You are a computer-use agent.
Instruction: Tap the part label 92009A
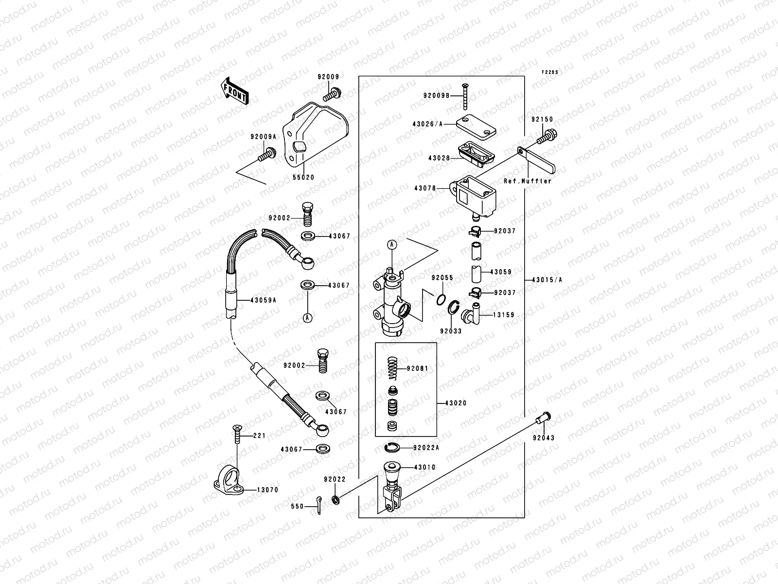[x=263, y=137]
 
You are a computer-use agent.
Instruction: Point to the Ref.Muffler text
[x=528, y=181]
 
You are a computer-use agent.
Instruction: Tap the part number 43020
[x=456, y=403]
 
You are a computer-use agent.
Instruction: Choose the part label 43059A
[x=264, y=300]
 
